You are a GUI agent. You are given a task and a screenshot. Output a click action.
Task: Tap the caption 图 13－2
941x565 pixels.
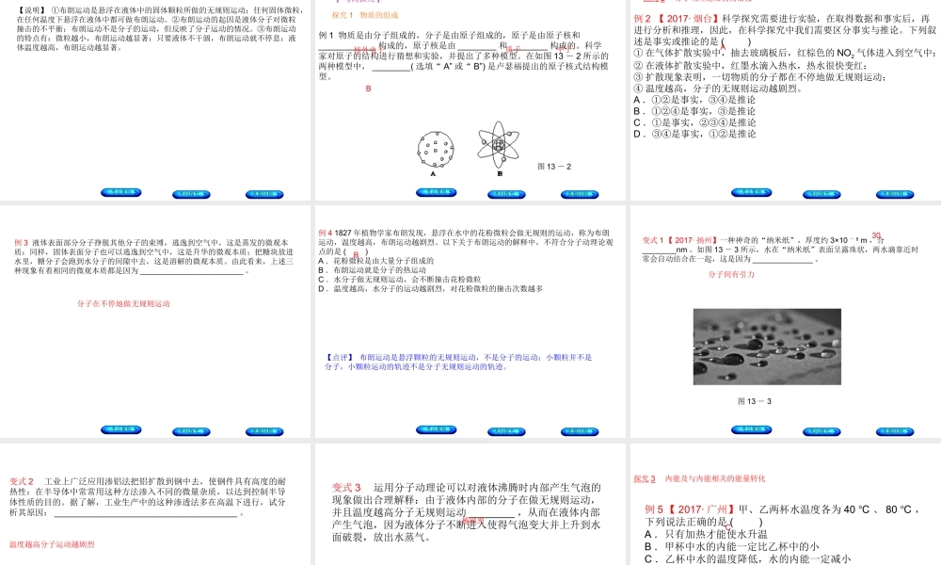[x=554, y=167]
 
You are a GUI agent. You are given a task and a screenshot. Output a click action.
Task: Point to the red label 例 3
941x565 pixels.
[x=21, y=242]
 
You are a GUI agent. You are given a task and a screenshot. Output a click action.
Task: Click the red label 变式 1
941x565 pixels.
[x=656, y=240]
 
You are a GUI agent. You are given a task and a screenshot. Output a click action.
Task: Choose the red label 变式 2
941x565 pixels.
[x=22, y=482]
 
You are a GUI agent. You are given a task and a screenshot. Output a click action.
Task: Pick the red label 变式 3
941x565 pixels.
[x=347, y=487]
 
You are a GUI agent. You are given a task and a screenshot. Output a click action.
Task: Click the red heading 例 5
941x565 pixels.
[x=655, y=509]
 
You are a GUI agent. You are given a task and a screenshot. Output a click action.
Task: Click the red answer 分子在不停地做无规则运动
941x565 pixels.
[x=123, y=304]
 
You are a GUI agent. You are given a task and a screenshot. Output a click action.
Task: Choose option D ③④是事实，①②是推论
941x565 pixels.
[x=694, y=134]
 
